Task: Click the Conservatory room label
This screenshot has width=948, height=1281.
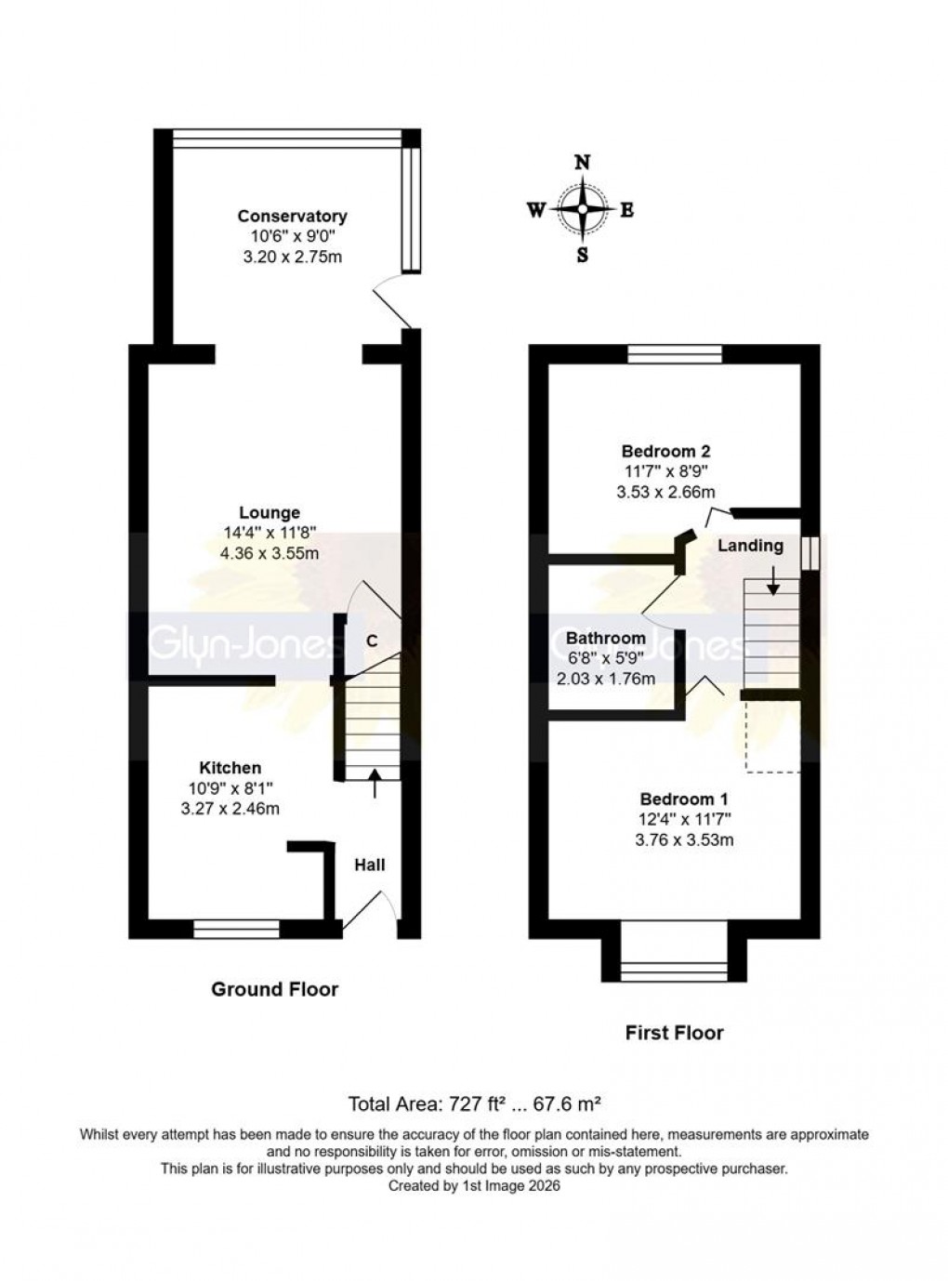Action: [292, 216]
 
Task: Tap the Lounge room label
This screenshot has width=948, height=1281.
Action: [270, 512]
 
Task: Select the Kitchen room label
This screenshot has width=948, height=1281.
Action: [230, 767]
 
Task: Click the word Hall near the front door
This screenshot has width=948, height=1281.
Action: [370, 865]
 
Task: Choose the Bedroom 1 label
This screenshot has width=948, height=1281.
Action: [683, 799]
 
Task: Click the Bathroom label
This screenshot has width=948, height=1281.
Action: [605, 638]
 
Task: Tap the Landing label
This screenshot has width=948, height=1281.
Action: [750, 546]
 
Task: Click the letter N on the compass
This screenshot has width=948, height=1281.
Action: [583, 162]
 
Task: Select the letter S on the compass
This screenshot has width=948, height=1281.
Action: [583, 255]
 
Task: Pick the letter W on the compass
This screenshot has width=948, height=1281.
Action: [536, 210]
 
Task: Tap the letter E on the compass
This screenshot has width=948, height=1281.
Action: [627, 210]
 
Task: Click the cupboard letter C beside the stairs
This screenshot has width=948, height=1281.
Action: [372, 640]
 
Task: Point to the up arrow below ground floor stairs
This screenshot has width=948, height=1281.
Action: [375, 784]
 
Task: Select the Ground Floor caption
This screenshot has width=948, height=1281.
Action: [274, 989]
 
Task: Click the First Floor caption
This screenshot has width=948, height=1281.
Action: [674, 1032]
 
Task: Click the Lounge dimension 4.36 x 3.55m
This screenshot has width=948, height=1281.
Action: [270, 553]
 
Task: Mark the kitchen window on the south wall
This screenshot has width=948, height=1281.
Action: [237, 928]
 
